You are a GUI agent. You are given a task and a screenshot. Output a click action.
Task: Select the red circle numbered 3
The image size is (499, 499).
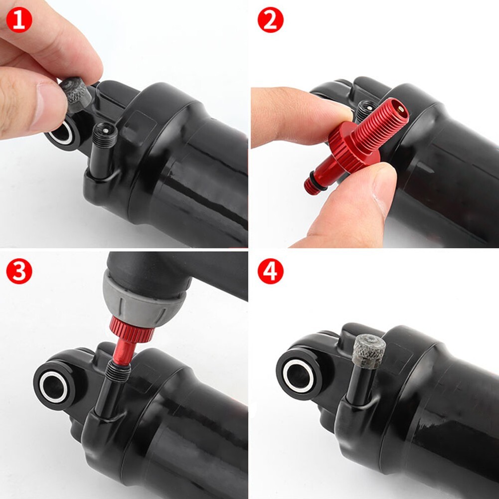(19, 272)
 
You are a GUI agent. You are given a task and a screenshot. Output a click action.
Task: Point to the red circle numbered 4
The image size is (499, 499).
(270, 272)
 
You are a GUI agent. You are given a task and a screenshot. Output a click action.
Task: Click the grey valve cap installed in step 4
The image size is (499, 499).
(369, 349)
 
